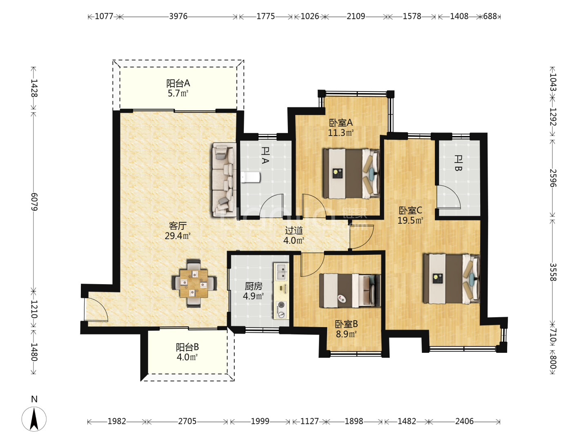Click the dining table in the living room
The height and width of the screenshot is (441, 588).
(194, 283)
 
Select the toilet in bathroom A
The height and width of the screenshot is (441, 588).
(250, 177)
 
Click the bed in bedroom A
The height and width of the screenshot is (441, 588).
(351, 174)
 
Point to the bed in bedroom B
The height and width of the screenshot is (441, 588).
(350, 290)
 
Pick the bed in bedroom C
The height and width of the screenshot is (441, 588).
(451, 279)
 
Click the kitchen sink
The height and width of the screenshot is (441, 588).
(281, 272)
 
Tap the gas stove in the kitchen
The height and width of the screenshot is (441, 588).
(281, 310)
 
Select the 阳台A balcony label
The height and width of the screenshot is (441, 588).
(178, 83)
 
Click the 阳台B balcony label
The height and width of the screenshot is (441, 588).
(187, 347)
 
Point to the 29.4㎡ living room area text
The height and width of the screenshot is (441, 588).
(177, 236)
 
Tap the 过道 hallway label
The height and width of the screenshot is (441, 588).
(294, 230)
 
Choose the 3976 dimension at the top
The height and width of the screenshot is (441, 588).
(178, 17)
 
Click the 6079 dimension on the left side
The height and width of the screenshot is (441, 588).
(34, 202)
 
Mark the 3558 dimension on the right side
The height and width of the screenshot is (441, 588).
(553, 272)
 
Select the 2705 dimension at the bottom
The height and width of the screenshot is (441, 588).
(187, 421)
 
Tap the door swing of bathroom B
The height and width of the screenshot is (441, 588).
(448, 197)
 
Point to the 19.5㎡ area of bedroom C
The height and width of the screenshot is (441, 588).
(410, 220)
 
